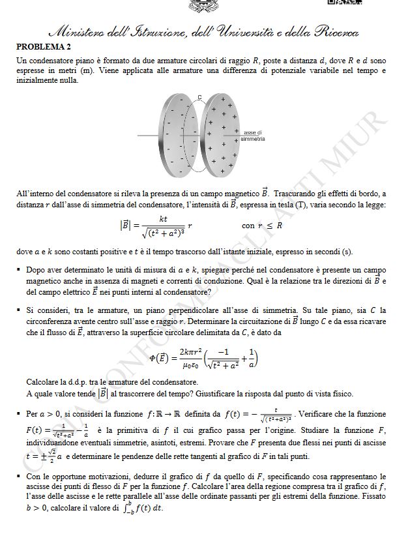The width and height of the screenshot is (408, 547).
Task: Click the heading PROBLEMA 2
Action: (x=43, y=47)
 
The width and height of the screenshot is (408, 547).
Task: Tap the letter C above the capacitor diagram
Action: (x=199, y=97)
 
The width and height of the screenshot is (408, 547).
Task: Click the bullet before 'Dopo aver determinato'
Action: (x=20, y=270)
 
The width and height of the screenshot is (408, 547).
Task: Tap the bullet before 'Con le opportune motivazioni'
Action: (x=20, y=477)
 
